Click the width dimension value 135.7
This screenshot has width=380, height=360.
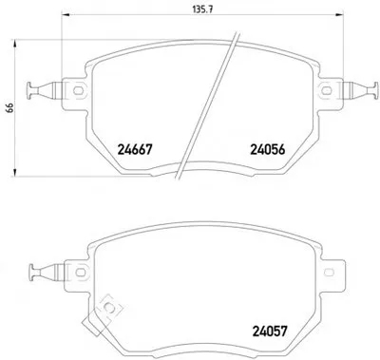[x=202, y=9]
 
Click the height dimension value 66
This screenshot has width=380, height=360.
[x=9, y=108]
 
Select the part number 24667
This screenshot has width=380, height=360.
[x=135, y=149]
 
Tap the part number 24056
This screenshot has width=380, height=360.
[x=268, y=149]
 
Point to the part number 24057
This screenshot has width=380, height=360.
[x=270, y=332]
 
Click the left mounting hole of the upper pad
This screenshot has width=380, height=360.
[x=78, y=91]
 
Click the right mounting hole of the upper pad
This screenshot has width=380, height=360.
[x=326, y=91]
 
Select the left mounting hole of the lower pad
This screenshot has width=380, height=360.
[x=81, y=273]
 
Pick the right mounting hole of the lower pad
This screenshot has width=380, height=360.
[x=330, y=273]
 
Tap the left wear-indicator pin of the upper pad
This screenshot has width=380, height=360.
[x=44, y=90]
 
